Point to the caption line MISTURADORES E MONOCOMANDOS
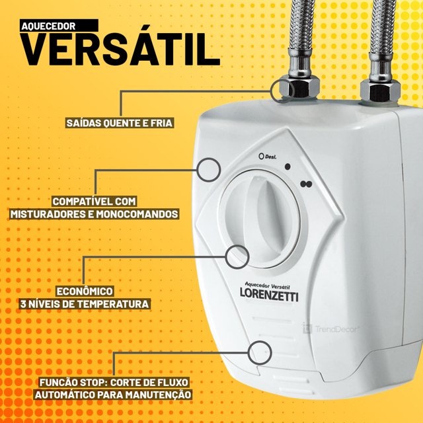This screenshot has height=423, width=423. click(95, 214)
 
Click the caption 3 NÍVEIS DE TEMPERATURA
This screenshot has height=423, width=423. click(85, 304)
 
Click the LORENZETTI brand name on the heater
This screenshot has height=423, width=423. click(269, 296)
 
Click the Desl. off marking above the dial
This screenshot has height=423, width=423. click(268, 157)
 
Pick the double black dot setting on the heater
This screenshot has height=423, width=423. click(305, 184)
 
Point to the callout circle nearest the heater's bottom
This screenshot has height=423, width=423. click(260, 350)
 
